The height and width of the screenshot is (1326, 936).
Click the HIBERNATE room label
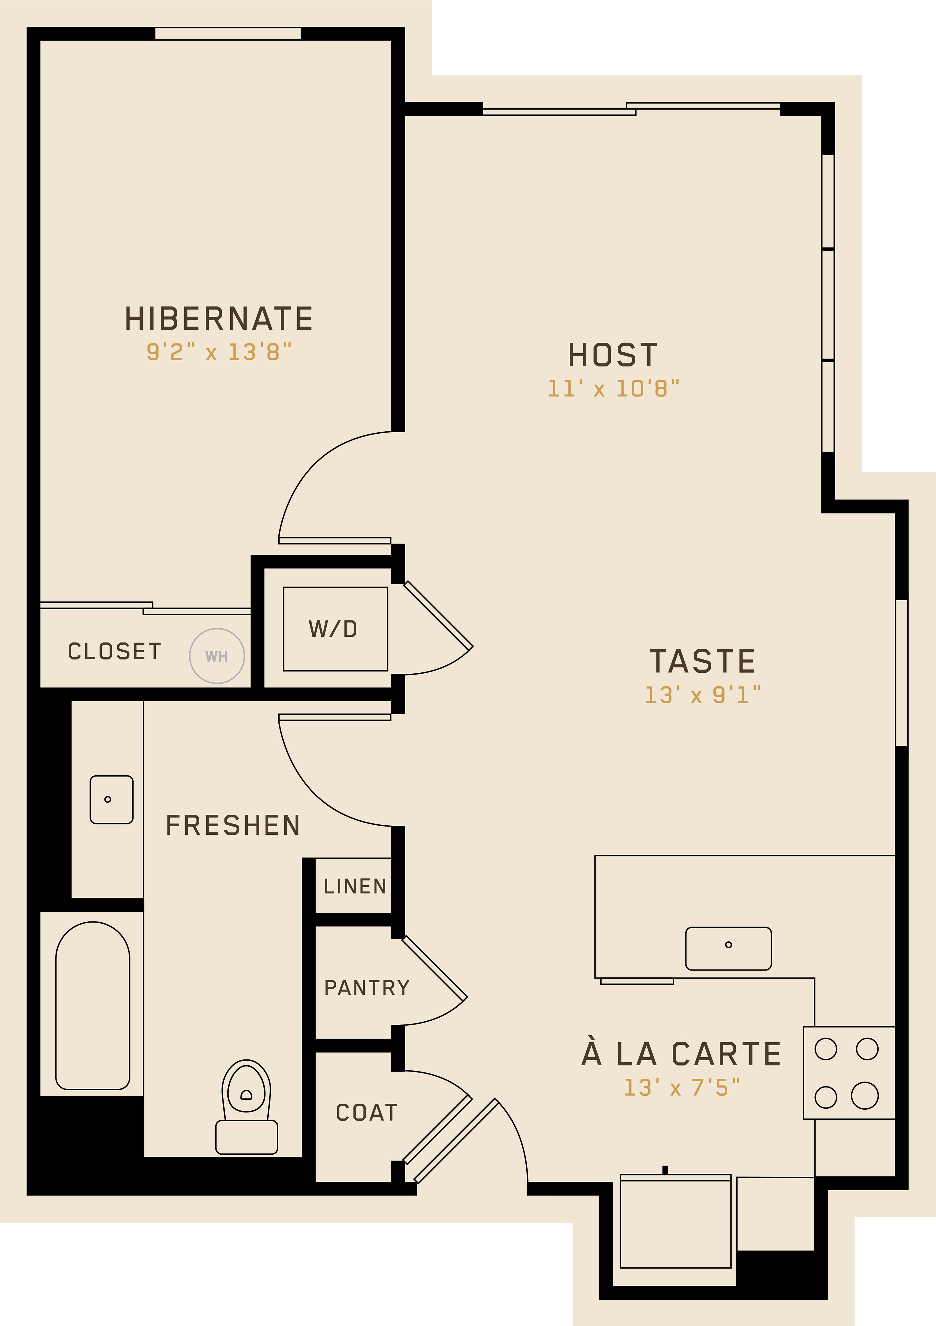(219, 319)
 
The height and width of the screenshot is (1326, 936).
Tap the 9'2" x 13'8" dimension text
(219, 352)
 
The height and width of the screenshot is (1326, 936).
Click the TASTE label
(702, 661)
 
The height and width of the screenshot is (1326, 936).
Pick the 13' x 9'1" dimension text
(703, 695)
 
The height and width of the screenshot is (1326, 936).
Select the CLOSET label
(114, 651)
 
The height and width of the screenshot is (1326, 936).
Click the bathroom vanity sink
(111, 799)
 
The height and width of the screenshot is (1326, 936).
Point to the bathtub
(92, 1005)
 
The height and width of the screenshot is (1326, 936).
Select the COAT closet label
(367, 1112)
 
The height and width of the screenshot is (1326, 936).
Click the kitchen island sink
(728, 949)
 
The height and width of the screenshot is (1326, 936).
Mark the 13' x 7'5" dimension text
(682, 1088)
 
